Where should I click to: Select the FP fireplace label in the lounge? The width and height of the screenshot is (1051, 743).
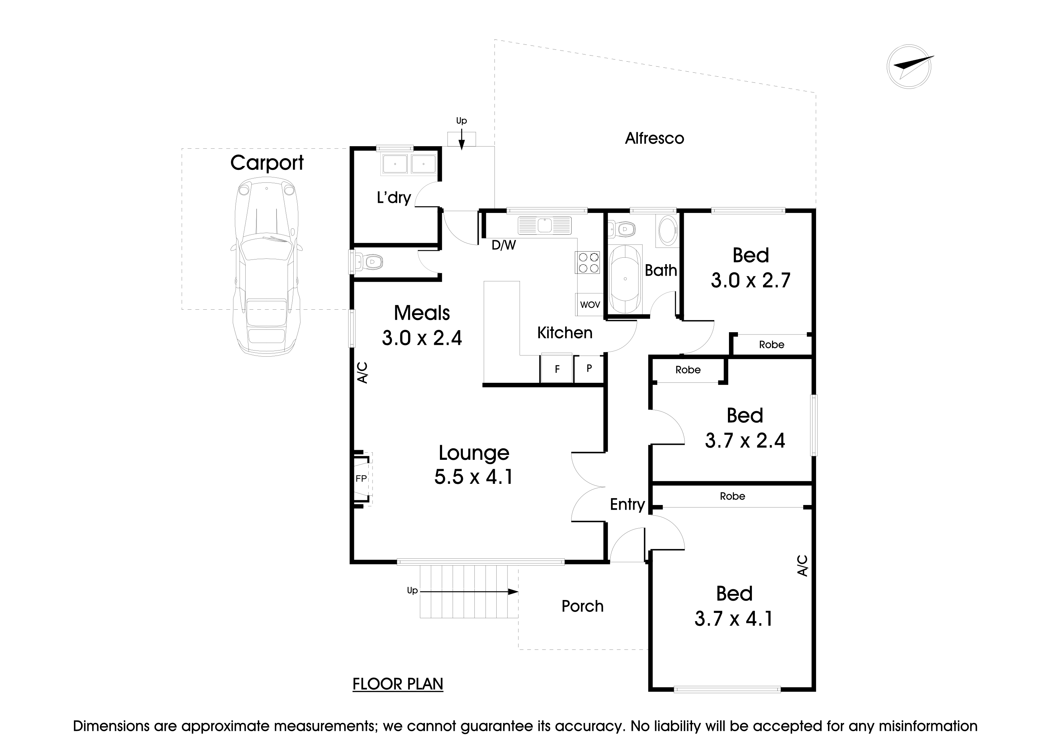(361, 478)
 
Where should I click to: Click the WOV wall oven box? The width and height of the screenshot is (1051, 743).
(590, 305)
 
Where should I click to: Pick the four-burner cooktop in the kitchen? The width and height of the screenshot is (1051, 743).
(588, 263)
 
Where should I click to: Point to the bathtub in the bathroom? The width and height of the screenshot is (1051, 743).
(625, 279)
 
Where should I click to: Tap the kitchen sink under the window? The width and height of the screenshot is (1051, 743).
(545, 225)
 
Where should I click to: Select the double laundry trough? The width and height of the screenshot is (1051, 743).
(408, 164)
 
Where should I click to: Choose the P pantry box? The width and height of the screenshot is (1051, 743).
(589, 368)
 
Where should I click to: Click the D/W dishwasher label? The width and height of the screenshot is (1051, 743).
(503, 246)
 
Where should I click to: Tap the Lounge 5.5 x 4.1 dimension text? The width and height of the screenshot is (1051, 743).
(473, 477)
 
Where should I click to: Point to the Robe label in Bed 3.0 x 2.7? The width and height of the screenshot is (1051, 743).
(771, 344)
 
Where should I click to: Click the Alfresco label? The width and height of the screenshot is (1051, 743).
(654, 138)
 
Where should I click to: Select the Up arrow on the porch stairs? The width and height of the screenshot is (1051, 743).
(467, 591)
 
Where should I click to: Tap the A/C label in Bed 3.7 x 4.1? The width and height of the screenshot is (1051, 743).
(803, 566)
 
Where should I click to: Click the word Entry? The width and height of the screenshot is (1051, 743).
(627, 504)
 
